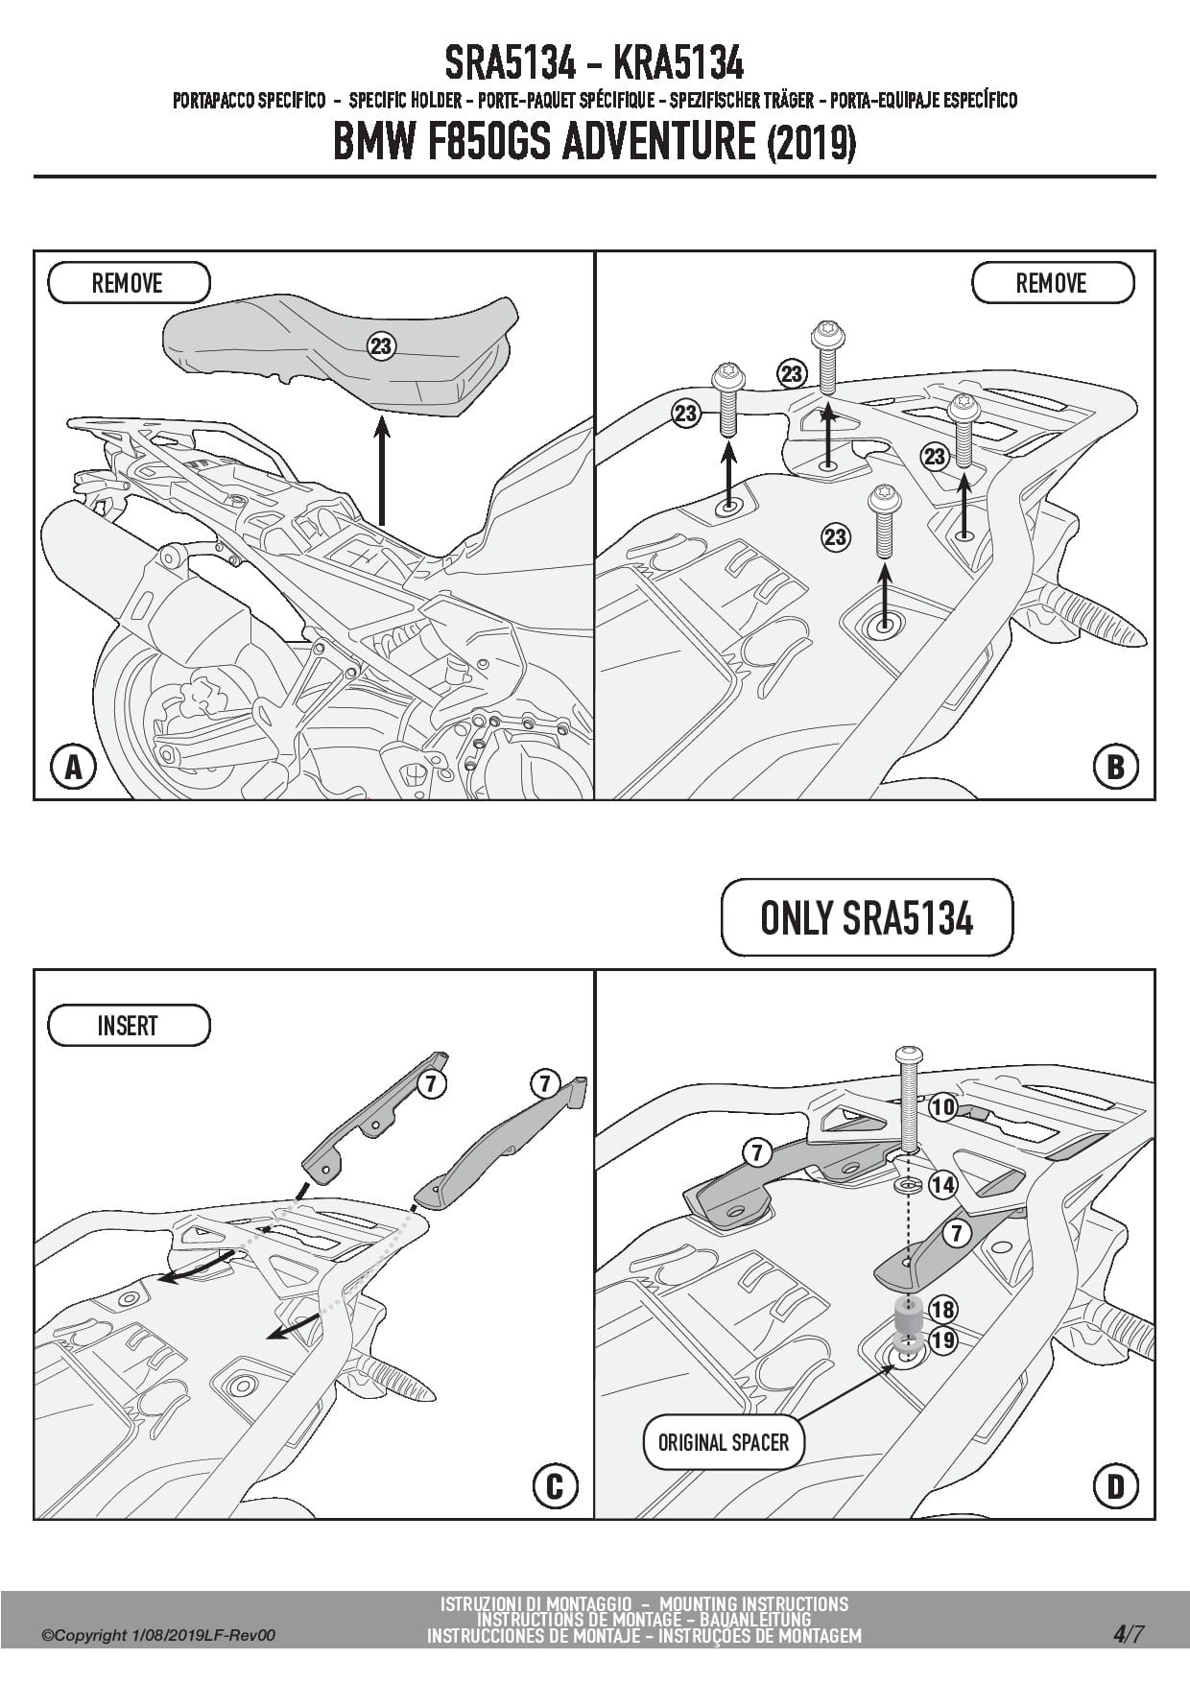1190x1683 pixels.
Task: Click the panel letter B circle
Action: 1115,767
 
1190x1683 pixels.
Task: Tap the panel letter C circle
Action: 555,1486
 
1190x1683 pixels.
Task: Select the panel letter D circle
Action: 1115,1486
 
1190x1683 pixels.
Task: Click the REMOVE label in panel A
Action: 128,283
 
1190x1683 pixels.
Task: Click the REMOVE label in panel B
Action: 1052,283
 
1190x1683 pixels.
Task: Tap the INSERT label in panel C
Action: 128,1026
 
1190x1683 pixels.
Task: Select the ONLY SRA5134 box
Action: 867,918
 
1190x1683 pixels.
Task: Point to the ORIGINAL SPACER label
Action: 724,1442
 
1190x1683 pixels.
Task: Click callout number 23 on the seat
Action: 382,345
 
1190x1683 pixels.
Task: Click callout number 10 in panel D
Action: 943,1107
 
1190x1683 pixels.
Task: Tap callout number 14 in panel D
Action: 943,1185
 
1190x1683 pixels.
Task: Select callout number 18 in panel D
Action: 943,1310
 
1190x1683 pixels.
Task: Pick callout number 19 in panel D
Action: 943,1339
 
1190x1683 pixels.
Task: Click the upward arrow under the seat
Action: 382,470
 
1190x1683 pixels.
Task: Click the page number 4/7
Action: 1129,1634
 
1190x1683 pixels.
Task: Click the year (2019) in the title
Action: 811,144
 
